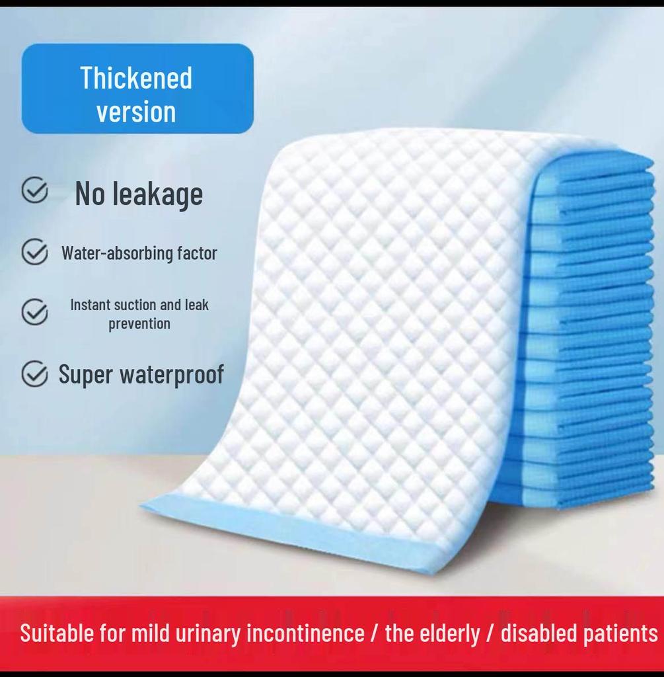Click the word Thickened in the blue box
tap(136, 78)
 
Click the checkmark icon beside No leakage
tap(34, 191)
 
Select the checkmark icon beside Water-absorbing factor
tap(34, 252)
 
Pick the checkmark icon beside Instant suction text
tap(34, 312)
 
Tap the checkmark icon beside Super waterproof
tap(34, 374)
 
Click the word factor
tap(196, 253)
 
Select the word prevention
tap(139, 323)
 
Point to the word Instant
tap(90, 305)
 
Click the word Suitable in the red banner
tap(57, 633)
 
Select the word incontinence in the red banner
tap(305, 633)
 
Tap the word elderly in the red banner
tap(451, 633)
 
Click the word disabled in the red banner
tap(538, 633)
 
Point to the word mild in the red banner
tap(150, 633)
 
